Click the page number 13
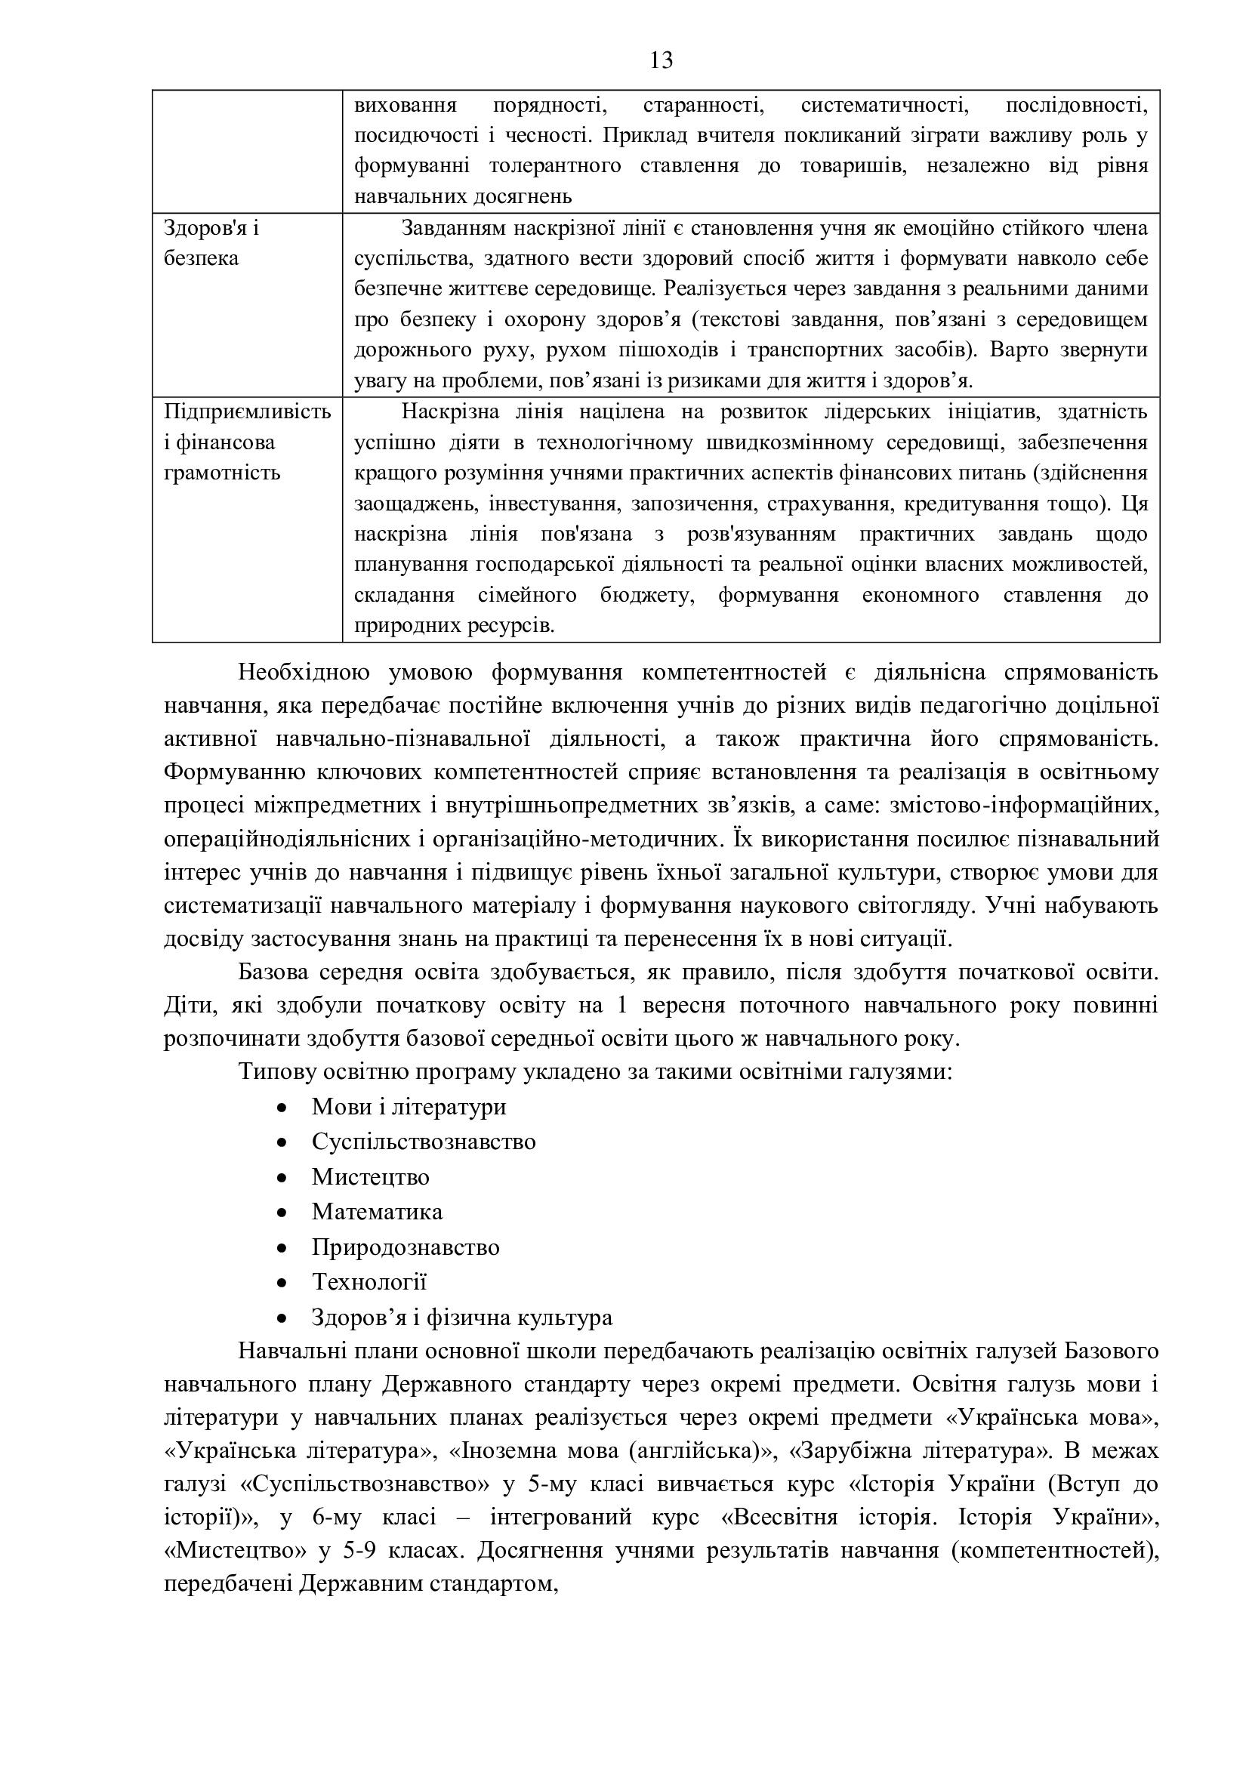[x=662, y=60]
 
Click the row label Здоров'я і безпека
[x=211, y=243]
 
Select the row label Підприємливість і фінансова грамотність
[x=247, y=442]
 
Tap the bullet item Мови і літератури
[x=409, y=1107]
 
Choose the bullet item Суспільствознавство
[x=423, y=1142]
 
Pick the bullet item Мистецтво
[x=370, y=1177]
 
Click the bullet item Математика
[x=377, y=1211]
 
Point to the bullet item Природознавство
[x=406, y=1247]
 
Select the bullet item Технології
[x=369, y=1281]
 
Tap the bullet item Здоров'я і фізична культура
[x=461, y=1317]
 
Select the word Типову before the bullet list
[x=273, y=1071]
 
